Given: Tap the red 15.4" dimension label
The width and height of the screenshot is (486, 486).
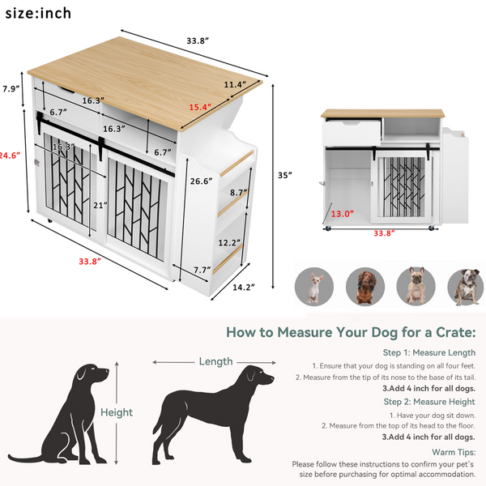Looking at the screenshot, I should point(199,107).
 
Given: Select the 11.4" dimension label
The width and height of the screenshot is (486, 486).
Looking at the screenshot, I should point(236,83).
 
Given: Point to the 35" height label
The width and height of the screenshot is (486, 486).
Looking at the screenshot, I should point(283,174).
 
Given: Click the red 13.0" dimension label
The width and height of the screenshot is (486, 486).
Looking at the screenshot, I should point(342,215).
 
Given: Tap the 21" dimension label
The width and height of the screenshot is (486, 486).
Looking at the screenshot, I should point(100,206).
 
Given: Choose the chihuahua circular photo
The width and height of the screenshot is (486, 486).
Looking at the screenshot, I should point(312,286).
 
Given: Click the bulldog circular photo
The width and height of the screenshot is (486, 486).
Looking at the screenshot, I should point(467,286).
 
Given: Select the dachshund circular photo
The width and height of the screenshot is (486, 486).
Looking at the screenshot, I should point(363,286).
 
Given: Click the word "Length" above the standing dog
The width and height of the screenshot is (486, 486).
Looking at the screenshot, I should point(215,361).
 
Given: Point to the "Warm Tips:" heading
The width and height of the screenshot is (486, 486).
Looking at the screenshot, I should point(452,450).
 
